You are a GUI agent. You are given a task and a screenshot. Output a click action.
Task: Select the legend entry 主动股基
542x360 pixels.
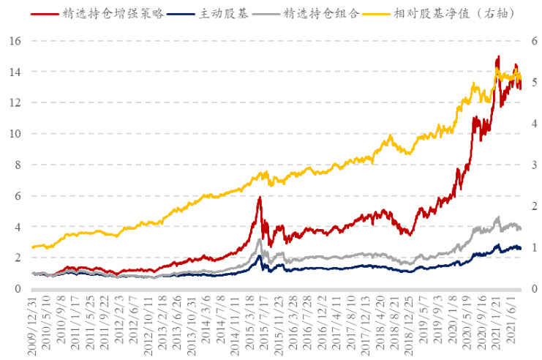(225, 13)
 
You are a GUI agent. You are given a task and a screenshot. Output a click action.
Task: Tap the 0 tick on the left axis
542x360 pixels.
(17, 289)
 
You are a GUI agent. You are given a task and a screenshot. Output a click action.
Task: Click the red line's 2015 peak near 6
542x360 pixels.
(260, 197)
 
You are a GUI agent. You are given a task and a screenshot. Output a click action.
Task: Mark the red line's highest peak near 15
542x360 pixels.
(498, 56)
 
